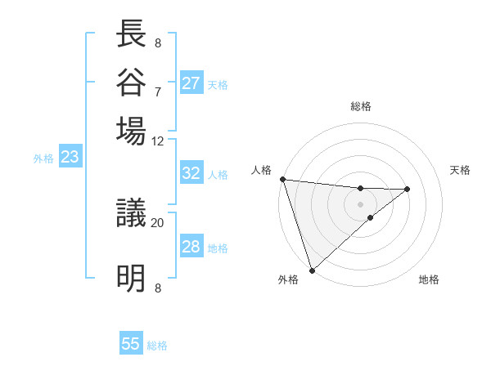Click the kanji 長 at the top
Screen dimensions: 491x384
(132, 33)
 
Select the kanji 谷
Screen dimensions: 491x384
(132, 82)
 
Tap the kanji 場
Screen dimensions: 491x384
(132, 131)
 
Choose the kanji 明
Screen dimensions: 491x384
(132, 279)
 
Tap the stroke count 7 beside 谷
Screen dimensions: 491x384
(157, 91)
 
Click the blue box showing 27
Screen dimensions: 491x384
(191, 83)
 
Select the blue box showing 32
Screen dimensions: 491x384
(191, 173)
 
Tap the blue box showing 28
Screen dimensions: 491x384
(191, 247)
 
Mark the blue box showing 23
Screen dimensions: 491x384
(70, 157)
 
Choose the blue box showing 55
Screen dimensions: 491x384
(131, 344)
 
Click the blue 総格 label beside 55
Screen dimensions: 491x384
(157, 346)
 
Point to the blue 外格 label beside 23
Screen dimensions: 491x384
(43, 159)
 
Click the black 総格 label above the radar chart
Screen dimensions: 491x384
(360, 106)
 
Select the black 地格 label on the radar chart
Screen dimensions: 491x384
(429, 280)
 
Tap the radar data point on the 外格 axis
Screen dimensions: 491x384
(312, 269)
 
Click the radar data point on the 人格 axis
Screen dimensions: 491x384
(282, 179)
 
